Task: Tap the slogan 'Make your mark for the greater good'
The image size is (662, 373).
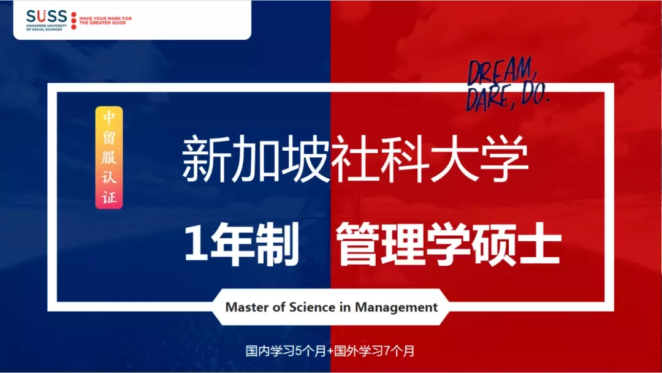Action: pyautogui.click(x=105, y=21)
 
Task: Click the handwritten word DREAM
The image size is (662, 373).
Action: pyautogui.click(x=501, y=72)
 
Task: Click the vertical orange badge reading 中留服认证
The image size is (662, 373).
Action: pyautogui.click(x=109, y=157)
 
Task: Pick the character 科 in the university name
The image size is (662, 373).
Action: pyautogui.click(x=405, y=159)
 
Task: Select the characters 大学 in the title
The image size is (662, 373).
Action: pyautogui.click(x=480, y=159)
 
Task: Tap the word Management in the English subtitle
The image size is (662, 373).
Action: pyautogui.click(x=396, y=307)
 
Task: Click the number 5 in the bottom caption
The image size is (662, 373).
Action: pyautogui.click(x=299, y=350)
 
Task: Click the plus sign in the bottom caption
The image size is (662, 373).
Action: pyautogui.click(x=330, y=351)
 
